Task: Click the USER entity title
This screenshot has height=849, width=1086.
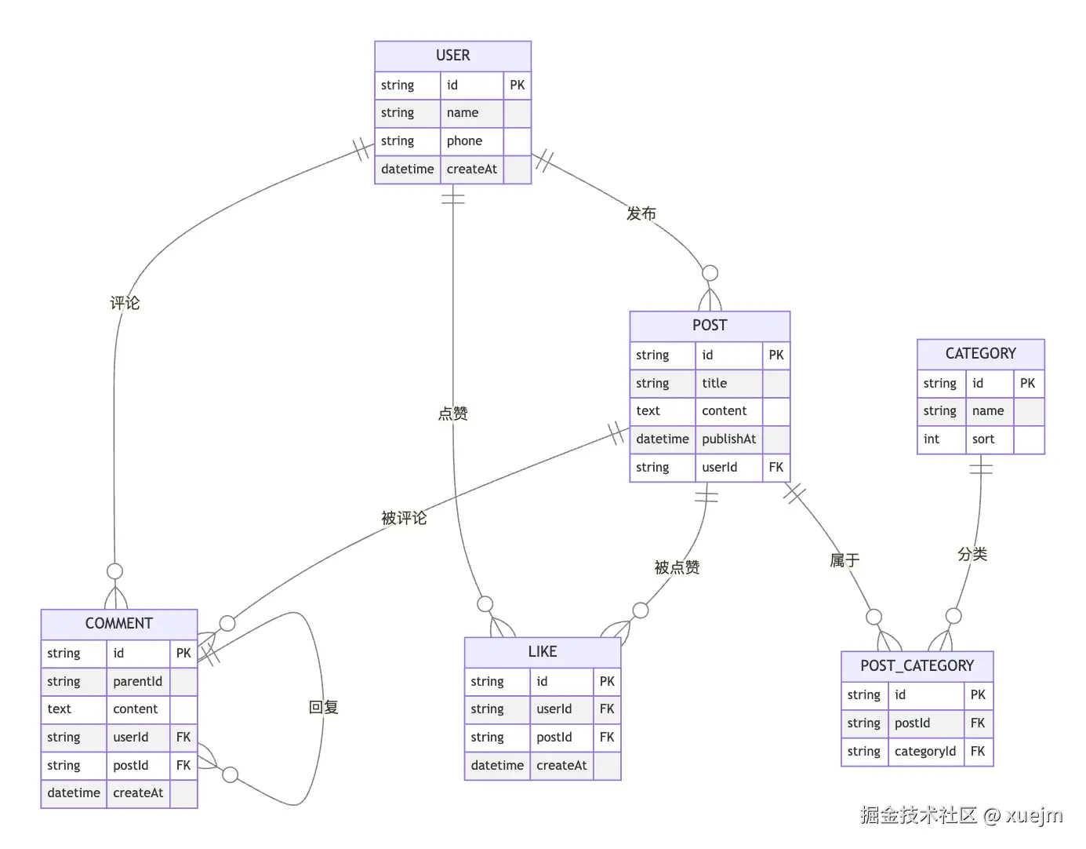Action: coord(452,56)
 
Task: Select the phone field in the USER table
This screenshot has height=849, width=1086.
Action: coord(464,141)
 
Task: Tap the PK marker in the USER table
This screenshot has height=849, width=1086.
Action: coord(517,85)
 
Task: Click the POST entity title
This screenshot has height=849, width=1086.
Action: coord(710,326)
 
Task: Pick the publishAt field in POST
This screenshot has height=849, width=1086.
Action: coord(728,439)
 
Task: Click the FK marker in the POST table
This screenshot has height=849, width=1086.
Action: coord(775,468)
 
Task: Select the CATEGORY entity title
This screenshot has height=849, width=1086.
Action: coord(980,354)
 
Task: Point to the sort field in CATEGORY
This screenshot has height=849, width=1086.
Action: coord(983,439)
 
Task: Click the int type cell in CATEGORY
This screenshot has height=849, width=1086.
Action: coord(932,439)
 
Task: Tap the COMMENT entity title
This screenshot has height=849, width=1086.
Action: coord(118,624)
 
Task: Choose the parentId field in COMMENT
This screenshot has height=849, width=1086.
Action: coord(137,682)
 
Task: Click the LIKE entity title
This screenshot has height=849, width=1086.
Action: coord(542,652)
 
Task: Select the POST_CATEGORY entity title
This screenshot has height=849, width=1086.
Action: coord(917,666)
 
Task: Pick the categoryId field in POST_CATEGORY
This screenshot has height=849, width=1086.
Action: coord(925,752)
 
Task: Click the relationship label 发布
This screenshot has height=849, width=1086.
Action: coord(641,213)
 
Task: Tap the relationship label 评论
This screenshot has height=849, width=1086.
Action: coord(125,303)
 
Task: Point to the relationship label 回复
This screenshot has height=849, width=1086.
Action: coord(323,708)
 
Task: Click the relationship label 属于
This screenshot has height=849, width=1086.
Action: coord(844,560)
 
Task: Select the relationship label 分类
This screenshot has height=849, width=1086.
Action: coord(972,555)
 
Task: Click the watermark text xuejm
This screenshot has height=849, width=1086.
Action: coord(1034,816)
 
